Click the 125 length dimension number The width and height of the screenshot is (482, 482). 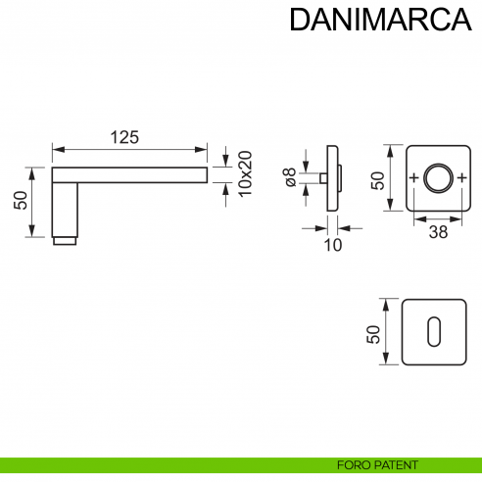click(123, 138)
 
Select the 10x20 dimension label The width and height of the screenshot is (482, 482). click(245, 175)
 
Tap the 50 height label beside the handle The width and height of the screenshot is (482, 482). click(21, 200)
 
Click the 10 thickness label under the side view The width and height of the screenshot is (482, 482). click(333, 245)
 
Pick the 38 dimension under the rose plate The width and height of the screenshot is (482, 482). click(438, 232)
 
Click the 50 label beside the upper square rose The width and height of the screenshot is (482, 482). click(377, 179)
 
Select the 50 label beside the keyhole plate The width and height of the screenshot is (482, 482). click(372, 332)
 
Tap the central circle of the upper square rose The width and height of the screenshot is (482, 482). click(436, 178)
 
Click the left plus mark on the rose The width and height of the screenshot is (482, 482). click(413, 178)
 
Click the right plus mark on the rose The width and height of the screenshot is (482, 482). click(460, 178)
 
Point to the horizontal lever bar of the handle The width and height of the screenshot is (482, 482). click(137, 175)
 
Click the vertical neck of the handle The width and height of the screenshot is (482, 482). click(64, 208)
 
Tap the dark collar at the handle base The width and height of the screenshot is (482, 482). click(64, 240)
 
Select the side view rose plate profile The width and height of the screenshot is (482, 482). click(334, 178)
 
